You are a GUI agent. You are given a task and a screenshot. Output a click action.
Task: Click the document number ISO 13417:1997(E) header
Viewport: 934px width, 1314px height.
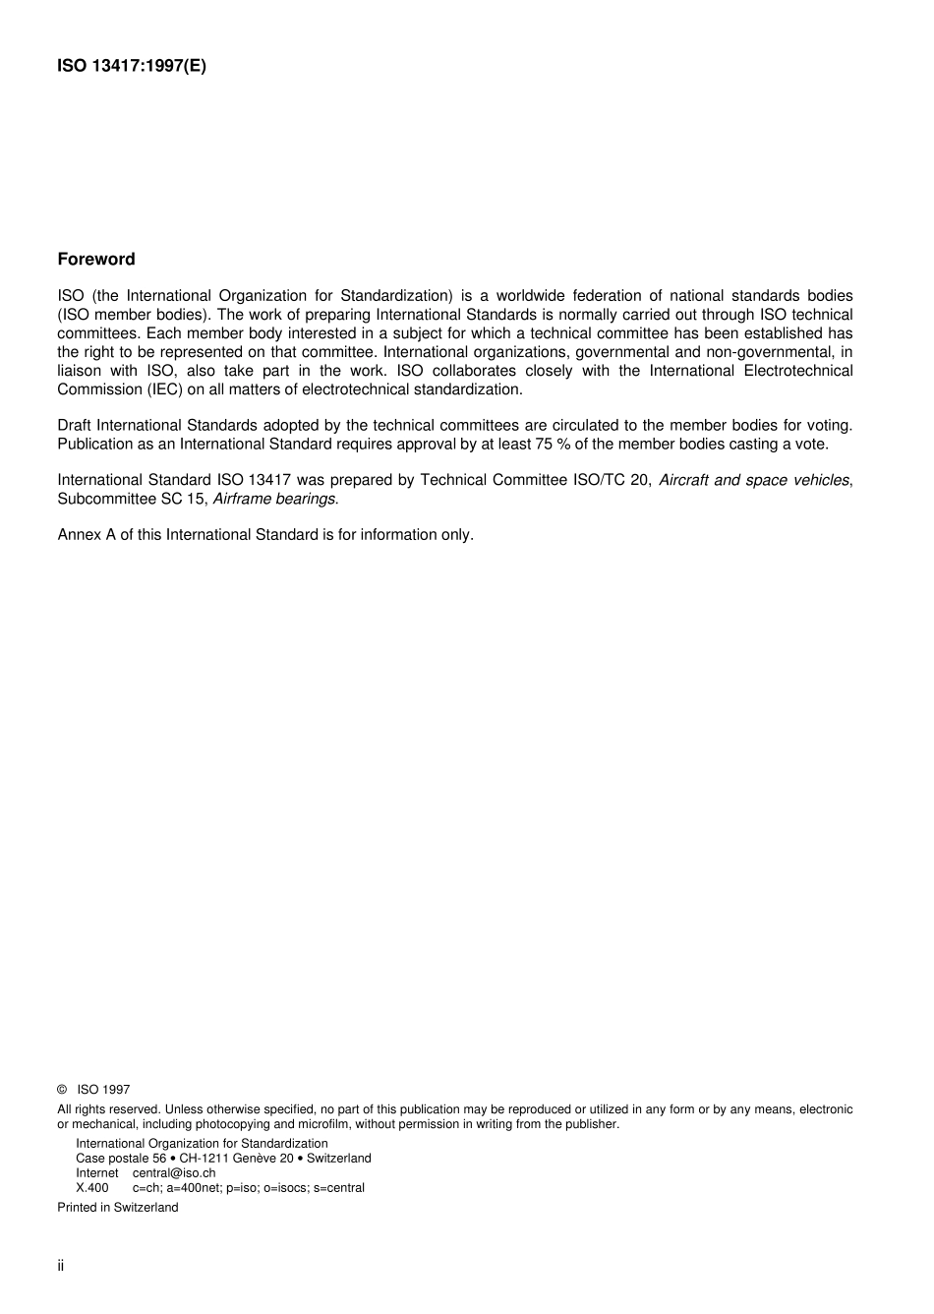pyautogui.click(x=132, y=67)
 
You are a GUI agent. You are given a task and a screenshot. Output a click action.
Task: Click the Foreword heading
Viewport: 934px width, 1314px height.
pyautogui.click(x=96, y=260)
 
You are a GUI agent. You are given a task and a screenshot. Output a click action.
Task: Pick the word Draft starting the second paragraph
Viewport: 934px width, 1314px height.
pyautogui.click(x=75, y=426)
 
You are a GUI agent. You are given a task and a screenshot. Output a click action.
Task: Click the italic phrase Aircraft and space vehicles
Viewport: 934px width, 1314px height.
pyautogui.click(x=753, y=480)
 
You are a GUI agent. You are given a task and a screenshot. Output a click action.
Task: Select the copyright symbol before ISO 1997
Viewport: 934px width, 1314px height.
pyautogui.click(x=62, y=1090)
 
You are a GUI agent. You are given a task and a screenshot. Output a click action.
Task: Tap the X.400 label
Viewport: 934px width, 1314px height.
pyautogui.click(x=92, y=1188)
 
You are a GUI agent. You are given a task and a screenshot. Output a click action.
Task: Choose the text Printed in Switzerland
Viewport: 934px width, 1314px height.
pyautogui.click(x=118, y=1208)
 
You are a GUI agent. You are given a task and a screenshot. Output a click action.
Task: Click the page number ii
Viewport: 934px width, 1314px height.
pyautogui.click(x=61, y=1266)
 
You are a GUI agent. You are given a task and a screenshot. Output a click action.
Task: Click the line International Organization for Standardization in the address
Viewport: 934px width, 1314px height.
pyautogui.click(x=202, y=1144)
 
